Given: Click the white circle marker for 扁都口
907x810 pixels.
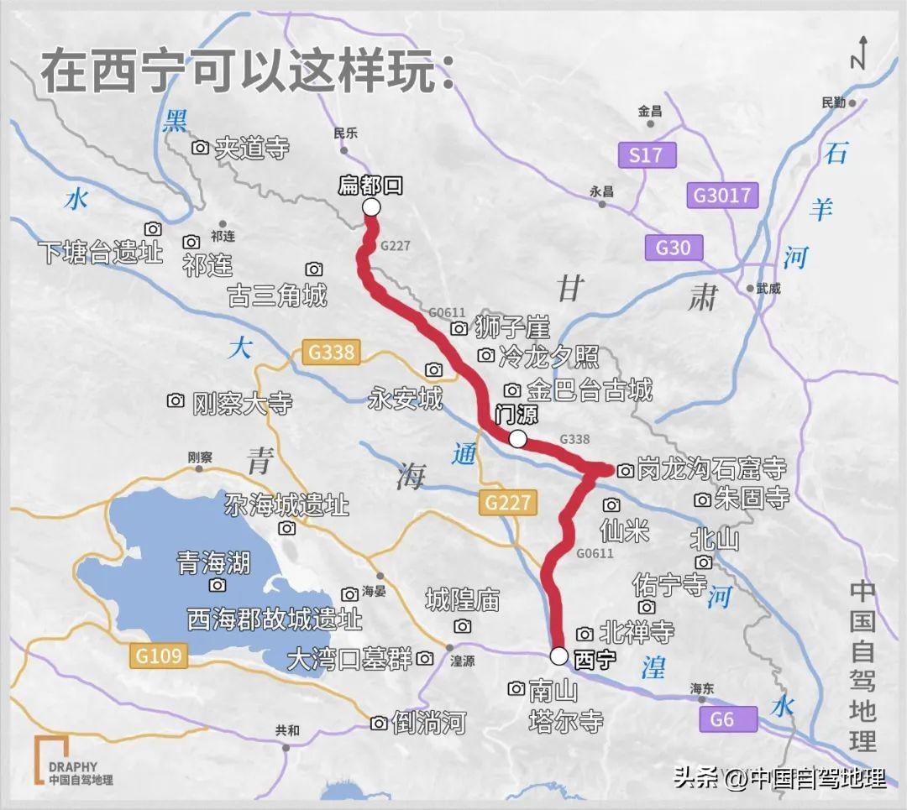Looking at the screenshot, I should [x=371, y=207].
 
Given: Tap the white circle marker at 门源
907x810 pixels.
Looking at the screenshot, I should [x=517, y=439].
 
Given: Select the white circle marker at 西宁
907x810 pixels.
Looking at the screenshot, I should [x=559, y=656].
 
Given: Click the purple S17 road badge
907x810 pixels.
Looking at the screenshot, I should [x=646, y=155].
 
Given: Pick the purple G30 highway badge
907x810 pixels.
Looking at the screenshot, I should [x=674, y=248].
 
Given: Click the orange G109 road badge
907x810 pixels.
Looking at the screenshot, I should [x=159, y=655].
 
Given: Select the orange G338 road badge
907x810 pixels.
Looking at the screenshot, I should [x=332, y=353].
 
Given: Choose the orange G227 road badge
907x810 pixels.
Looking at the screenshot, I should [x=508, y=503].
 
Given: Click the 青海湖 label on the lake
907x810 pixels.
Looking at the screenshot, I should [x=213, y=562].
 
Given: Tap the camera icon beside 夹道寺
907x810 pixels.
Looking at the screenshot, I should [x=200, y=148].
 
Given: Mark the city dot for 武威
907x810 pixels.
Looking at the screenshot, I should [x=750, y=288].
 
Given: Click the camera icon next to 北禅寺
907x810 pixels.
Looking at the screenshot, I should [x=585, y=634].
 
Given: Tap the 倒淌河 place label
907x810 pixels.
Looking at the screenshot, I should [x=429, y=723].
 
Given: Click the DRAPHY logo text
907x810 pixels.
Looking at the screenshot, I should [x=72, y=766].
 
